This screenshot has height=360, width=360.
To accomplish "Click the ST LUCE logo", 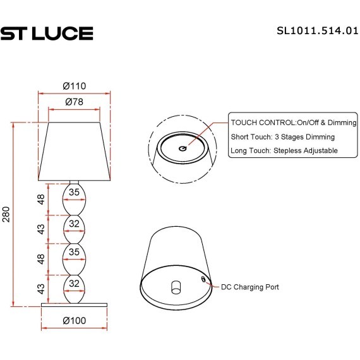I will click(x=47, y=33).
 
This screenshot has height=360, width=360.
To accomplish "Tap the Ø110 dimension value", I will click(x=75, y=87).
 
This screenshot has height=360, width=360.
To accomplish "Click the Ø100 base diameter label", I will click(x=75, y=320).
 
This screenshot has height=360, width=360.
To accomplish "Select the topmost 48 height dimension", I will click(x=41, y=200).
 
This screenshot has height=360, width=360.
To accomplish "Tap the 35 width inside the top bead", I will click(x=75, y=192).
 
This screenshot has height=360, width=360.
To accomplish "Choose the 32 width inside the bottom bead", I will click(x=75, y=284).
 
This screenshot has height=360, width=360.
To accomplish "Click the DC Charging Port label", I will click(x=249, y=287).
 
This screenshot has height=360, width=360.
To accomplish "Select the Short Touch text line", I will click(x=282, y=136).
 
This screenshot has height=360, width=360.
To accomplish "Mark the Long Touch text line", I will click(x=284, y=150).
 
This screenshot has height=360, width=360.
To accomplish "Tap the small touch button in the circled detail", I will click(x=183, y=148).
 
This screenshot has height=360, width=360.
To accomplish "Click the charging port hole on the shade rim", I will click(x=203, y=279).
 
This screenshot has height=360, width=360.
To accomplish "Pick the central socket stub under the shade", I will click(x=174, y=287).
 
